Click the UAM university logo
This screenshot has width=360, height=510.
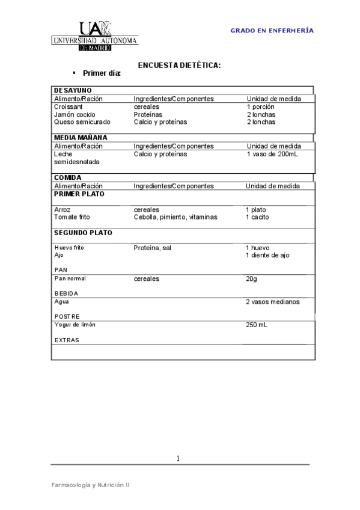96,35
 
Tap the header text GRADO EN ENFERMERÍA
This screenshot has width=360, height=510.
272,30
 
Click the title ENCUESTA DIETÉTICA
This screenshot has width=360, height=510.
180,64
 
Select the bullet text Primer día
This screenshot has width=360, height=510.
102,73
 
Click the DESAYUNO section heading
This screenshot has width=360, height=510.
73,90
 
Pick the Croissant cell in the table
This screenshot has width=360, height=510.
68,106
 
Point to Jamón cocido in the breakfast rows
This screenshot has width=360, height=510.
75,114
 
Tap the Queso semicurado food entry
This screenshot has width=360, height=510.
82,122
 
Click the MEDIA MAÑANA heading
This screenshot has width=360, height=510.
81,138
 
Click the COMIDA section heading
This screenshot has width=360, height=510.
67,177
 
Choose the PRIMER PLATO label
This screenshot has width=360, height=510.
79,194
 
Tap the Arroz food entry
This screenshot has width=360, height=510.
62,209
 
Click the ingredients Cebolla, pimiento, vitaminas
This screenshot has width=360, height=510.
175,217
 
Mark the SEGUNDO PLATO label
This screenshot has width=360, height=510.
83,232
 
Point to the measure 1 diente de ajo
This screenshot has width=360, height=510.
267,255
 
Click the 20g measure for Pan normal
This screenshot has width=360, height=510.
251,279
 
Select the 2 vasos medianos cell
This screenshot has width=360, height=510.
272,302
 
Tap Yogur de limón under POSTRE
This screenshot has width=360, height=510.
75,325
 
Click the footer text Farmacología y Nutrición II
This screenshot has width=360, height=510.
90,484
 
